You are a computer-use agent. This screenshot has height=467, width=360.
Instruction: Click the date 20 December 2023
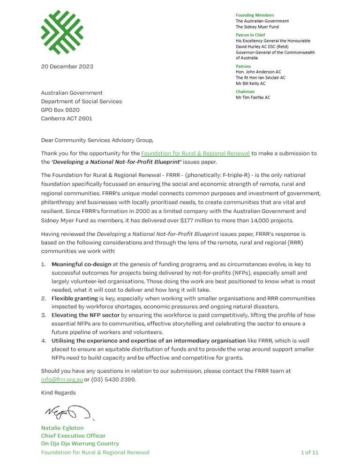[x=67, y=67]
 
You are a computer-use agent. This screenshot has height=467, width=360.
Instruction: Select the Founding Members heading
[x=255, y=15]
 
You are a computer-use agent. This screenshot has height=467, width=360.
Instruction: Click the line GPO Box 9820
[x=60, y=110]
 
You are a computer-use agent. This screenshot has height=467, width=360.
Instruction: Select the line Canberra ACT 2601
[x=67, y=118]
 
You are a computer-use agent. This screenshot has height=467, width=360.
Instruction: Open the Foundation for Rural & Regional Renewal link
[x=195, y=153]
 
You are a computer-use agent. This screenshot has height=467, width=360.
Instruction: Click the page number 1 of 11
[x=309, y=452]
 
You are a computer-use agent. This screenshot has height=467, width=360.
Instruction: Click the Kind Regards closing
[x=59, y=392]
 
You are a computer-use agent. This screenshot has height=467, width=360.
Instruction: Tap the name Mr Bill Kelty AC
[x=250, y=83]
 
